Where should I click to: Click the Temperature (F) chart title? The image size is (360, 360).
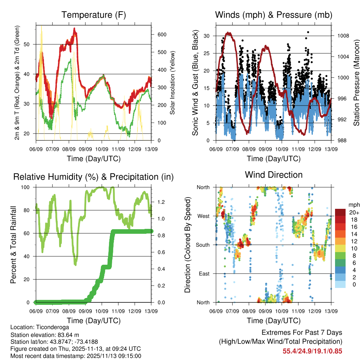coord(93,15)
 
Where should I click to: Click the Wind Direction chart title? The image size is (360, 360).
coord(274,175)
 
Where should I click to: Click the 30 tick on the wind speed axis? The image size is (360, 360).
coord(207,36)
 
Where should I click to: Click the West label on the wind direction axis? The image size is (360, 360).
coord(203,216)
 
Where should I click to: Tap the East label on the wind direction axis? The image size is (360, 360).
coord(204,274)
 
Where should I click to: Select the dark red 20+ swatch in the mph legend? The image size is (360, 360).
coord(340,212)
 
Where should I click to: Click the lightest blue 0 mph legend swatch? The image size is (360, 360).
coord(340,284)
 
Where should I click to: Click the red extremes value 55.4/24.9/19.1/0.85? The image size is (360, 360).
coord(312,351)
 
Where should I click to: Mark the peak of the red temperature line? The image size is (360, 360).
coord(75,29)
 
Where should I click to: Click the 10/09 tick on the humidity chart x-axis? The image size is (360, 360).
coord(102,311)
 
